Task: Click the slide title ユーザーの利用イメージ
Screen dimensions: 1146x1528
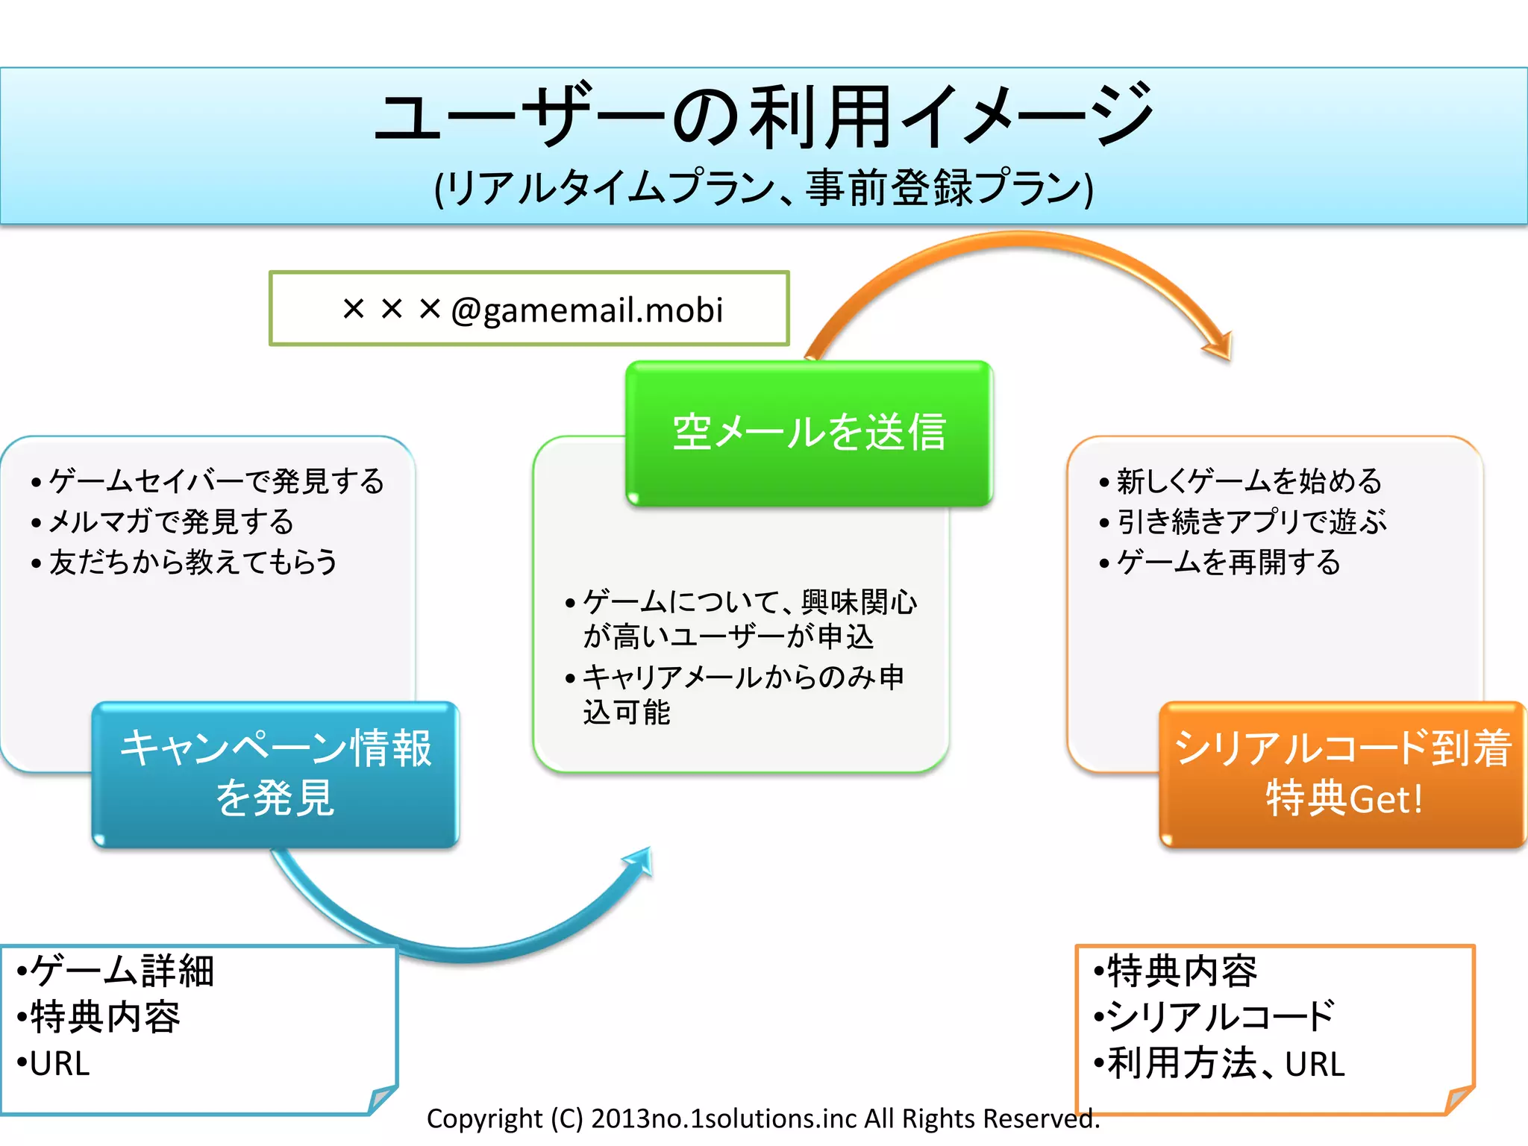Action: (x=763, y=116)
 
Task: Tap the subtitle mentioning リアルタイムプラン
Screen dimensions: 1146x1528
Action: (x=763, y=187)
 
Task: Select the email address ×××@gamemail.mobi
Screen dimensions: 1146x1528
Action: (x=532, y=309)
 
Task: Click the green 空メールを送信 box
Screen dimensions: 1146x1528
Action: (x=810, y=432)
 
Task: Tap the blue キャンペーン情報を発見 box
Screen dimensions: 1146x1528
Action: (x=275, y=773)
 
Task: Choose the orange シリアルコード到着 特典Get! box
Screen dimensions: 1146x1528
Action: (x=1343, y=773)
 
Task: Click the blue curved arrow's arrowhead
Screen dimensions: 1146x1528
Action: (x=642, y=862)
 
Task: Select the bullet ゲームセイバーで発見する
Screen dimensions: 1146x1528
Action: (x=216, y=481)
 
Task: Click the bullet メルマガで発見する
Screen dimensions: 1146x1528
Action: (x=171, y=522)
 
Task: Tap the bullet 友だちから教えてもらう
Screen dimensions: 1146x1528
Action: (x=193, y=562)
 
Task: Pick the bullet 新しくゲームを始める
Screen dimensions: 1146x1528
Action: (x=1249, y=481)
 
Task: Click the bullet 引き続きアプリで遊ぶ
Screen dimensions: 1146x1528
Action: (x=1252, y=522)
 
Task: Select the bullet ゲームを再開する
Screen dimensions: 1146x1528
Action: (x=1228, y=562)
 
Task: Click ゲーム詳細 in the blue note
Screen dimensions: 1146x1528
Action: (x=122, y=971)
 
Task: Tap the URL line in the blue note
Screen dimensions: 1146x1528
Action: (x=60, y=1063)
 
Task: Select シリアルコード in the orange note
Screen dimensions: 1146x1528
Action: (x=1221, y=1017)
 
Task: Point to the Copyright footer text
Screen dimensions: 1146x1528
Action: (x=763, y=1118)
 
